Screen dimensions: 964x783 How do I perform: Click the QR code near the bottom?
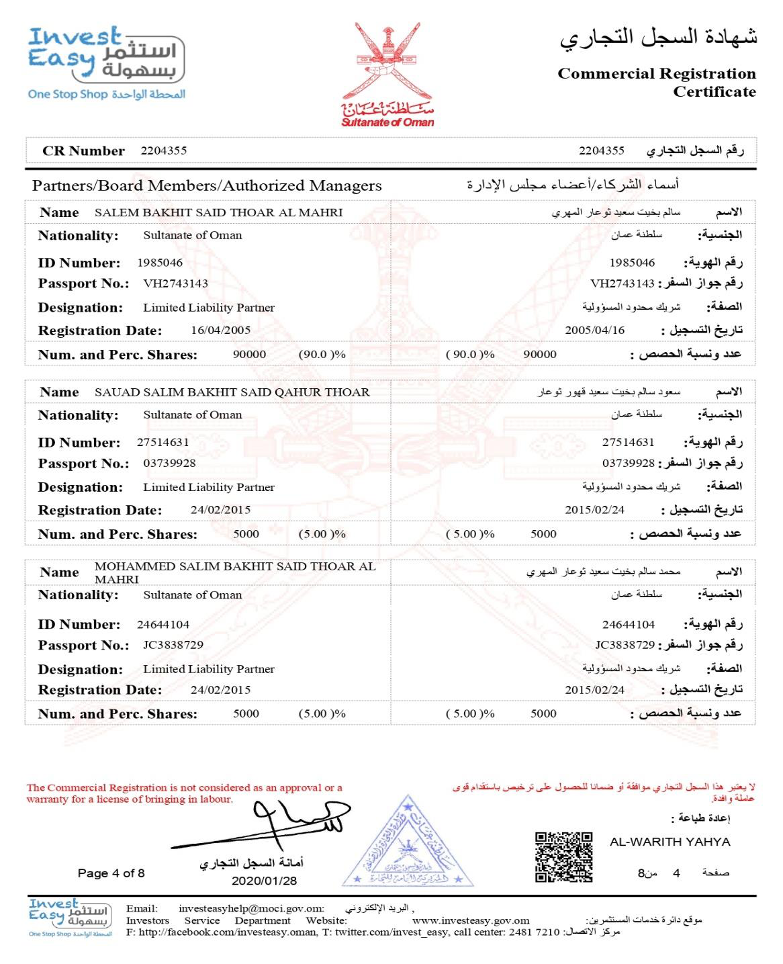(x=563, y=857)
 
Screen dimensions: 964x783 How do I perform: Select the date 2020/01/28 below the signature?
(x=264, y=881)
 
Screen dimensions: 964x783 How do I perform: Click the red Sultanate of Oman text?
(x=387, y=122)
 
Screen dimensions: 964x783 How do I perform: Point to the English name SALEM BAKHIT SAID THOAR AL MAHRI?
(x=218, y=212)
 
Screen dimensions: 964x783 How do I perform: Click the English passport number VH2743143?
(x=175, y=283)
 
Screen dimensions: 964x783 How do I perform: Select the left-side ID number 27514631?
(x=163, y=443)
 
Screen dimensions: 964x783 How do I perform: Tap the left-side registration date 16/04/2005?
(x=220, y=331)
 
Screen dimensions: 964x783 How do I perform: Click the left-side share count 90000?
(x=249, y=355)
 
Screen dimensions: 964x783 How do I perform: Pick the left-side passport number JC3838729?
(x=173, y=645)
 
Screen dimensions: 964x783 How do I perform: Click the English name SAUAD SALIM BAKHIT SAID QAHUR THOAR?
(x=232, y=392)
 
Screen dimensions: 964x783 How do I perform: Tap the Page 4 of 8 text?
(x=111, y=873)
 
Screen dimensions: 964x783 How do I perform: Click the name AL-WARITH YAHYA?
(x=670, y=842)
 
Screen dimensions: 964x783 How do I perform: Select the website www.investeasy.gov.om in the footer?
(x=470, y=920)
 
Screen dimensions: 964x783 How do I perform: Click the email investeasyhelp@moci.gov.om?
(x=251, y=908)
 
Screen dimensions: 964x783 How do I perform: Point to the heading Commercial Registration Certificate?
(x=656, y=83)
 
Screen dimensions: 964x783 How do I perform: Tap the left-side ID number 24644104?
(x=163, y=625)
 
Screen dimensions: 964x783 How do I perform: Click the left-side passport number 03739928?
(x=169, y=464)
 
